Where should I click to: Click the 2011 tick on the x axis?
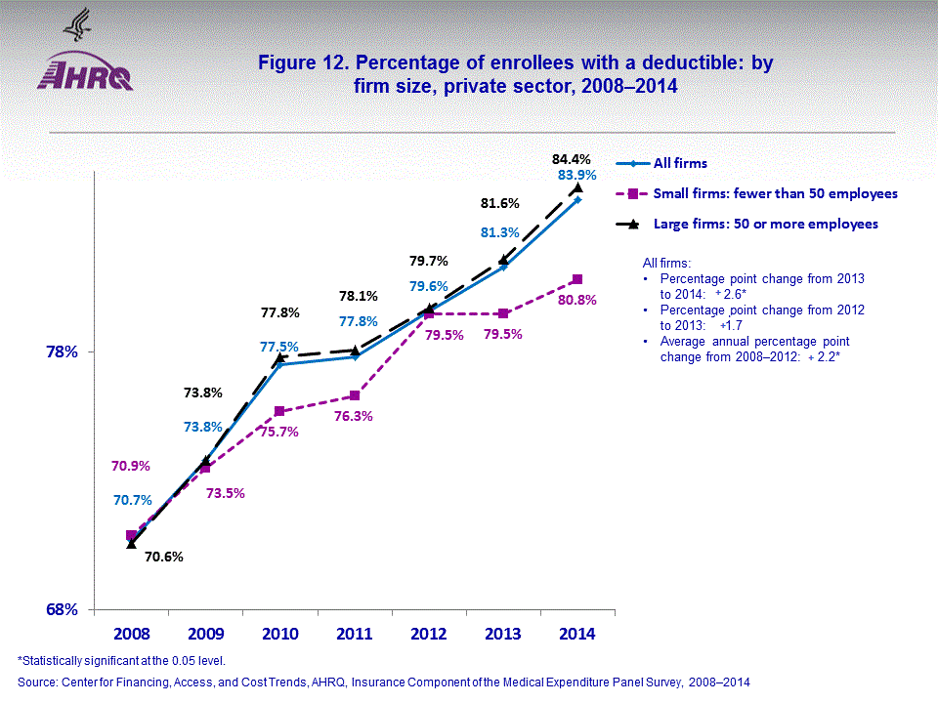pos(355,635)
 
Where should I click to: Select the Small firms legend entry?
pos(757,193)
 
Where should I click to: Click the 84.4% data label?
pos(572,158)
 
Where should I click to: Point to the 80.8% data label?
pos(576,300)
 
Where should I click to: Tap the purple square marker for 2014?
pos(577,279)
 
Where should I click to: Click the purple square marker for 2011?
pos(355,395)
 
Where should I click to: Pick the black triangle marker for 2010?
pos(280,356)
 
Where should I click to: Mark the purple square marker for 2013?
pos(502,313)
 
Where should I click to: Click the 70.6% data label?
pos(164,558)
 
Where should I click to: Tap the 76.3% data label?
pos(354,416)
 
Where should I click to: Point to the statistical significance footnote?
pos(122,661)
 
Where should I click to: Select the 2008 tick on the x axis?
pos(131,635)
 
